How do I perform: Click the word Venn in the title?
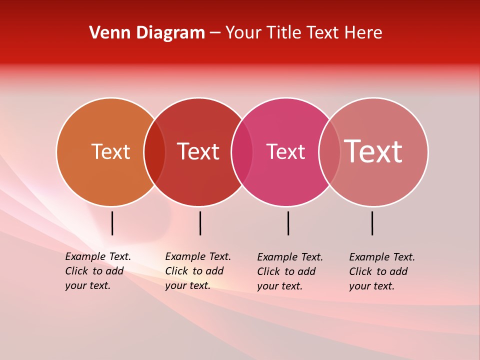(x=106, y=33)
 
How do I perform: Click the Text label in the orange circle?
(x=111, y=151)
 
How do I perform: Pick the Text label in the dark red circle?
(x=198, y=151)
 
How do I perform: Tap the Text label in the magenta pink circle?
(x=285, y=151)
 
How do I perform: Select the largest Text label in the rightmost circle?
(x=373, y=151)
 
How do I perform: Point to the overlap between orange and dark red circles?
(x=154, y=151)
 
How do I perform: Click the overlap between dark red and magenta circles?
(x=242, y=151)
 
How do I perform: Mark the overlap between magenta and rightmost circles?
(x=329, y=151)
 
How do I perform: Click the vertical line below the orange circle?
(x=112, y=223)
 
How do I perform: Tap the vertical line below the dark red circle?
(x=200, y=223)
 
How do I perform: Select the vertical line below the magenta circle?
(x=288, y=223)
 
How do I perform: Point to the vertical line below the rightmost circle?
(x=372, y=223)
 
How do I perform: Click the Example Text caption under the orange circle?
(x=98, y=271)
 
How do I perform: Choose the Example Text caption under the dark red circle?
(x=198, y=271)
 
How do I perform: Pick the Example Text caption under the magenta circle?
(x=290, y=271)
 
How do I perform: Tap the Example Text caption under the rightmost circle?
(x=382, y=271)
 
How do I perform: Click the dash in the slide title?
(x=215, y=33)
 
